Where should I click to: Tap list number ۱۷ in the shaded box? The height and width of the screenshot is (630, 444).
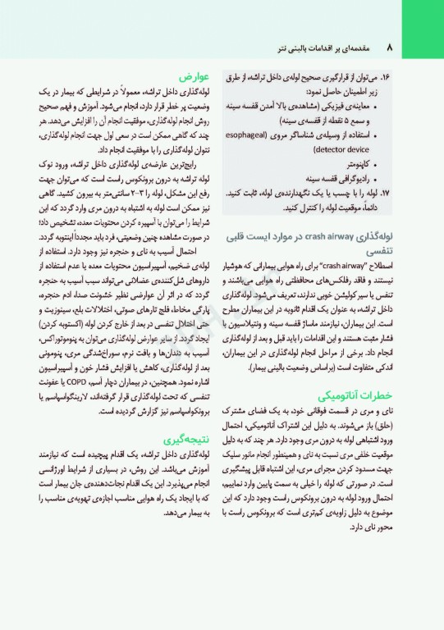(x=391, y=170)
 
